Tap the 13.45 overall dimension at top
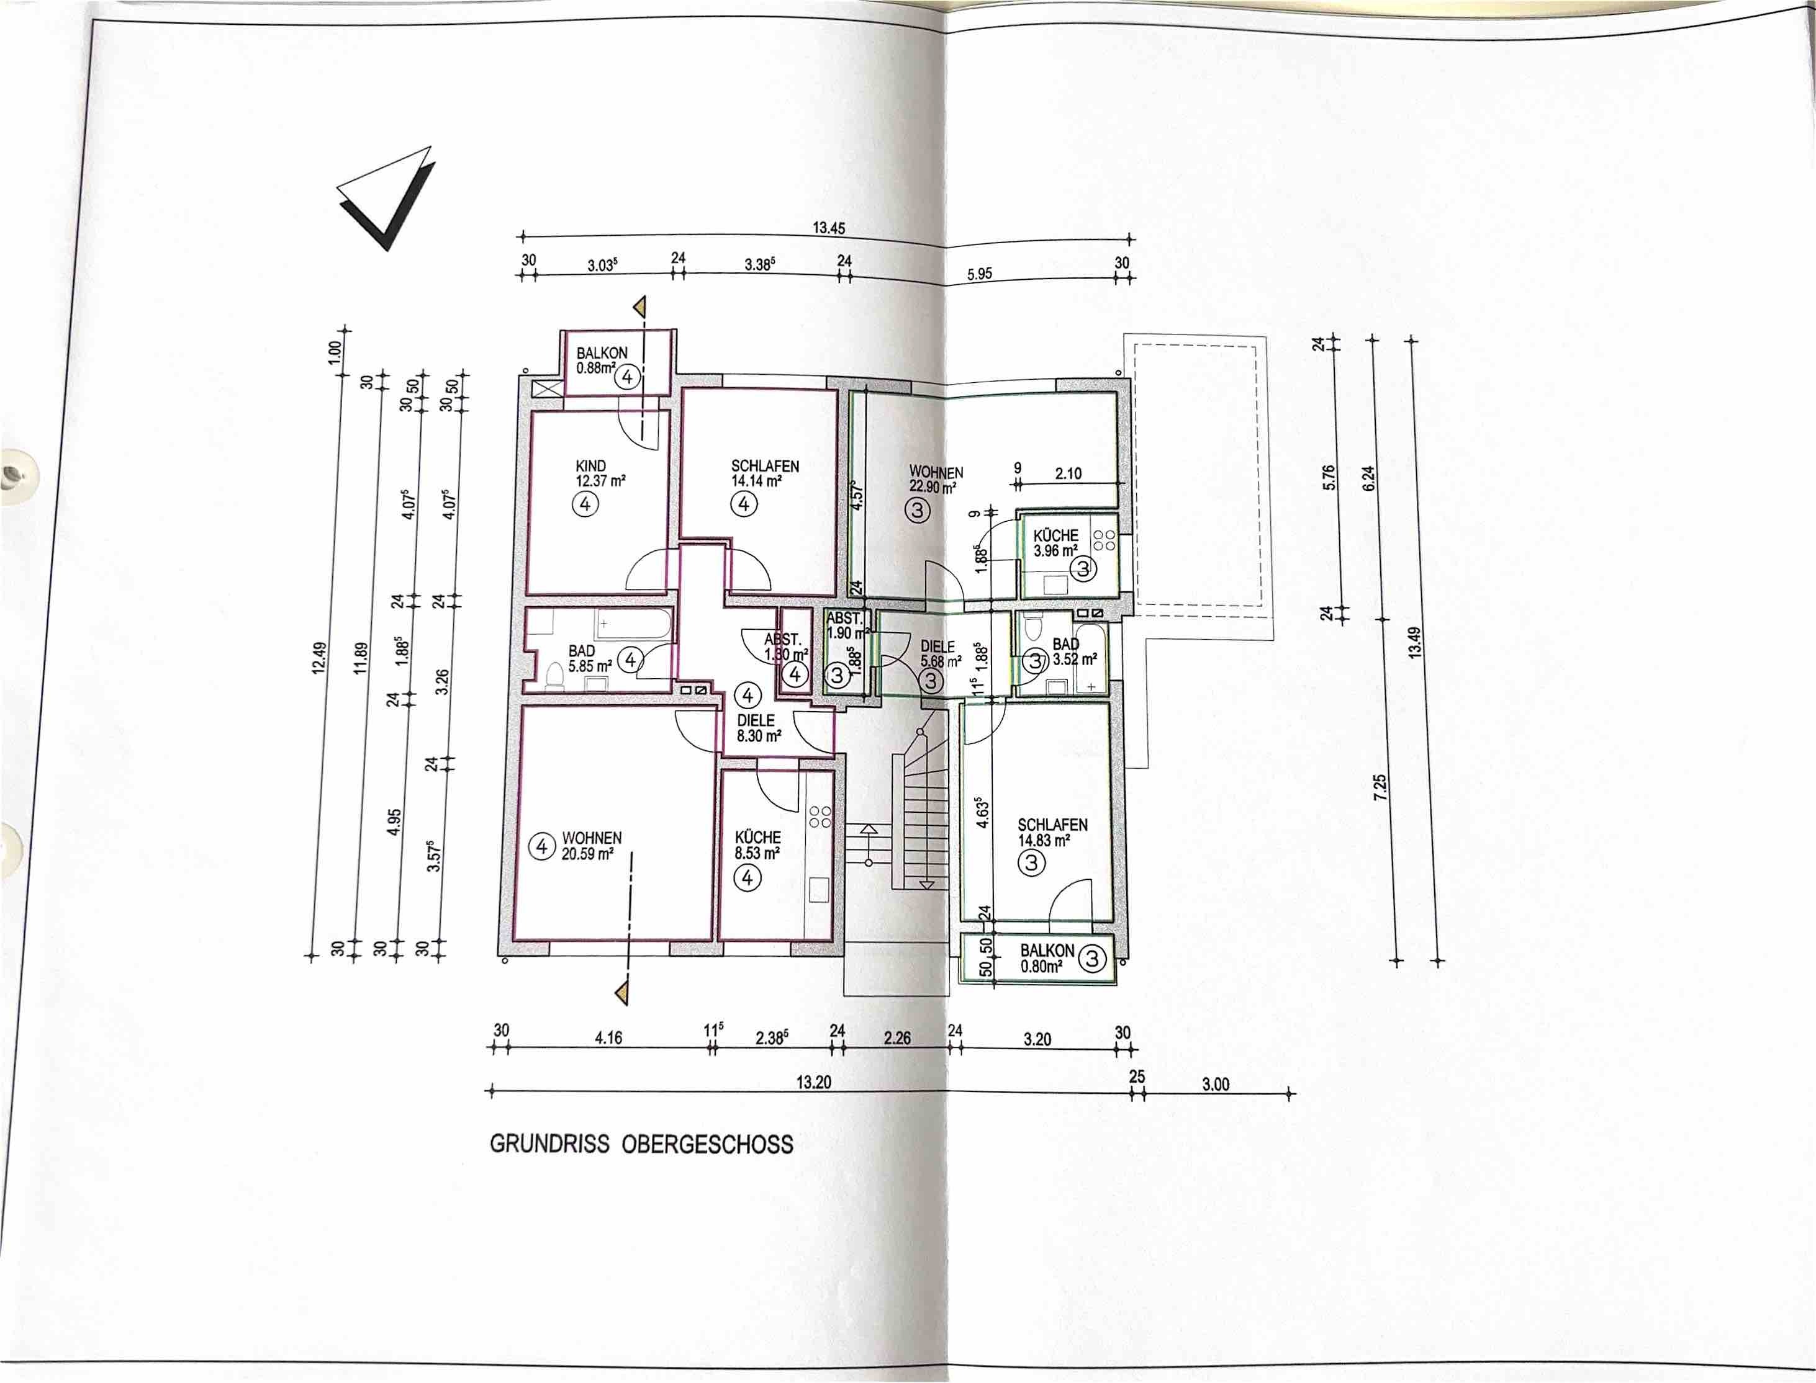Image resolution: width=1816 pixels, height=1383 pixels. [828, 228]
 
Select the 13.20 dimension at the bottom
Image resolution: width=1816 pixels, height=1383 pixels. [814, 1083]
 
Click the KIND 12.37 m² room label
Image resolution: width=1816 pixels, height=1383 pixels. [600, 473]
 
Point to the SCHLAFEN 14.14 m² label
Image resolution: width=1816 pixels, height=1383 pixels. [764, 473]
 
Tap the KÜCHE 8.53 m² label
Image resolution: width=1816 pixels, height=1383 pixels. [757, 844]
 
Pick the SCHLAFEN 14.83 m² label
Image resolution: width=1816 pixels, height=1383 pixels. [1052, 832]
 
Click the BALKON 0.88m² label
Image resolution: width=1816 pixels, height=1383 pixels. [601, 360]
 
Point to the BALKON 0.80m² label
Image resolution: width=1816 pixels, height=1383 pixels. [1047, 958]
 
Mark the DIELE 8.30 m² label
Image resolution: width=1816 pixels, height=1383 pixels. [757, 728]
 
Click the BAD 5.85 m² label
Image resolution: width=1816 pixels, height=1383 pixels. [588, 658]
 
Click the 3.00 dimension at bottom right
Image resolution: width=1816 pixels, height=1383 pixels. [1215, 1084]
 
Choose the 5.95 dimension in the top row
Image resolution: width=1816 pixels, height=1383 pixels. [979, 274]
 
